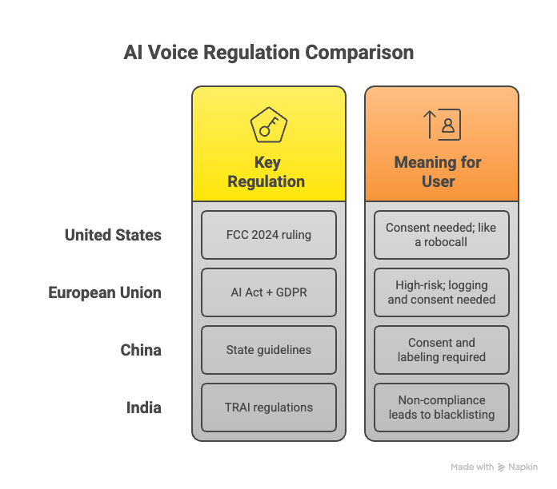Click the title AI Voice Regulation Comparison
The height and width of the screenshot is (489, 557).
pyautogui.click(x=268, y=54)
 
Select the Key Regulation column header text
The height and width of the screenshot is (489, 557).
pyautogui.click(x=266, y=172)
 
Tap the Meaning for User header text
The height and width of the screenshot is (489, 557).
pyautogui.click(x=438, y=172)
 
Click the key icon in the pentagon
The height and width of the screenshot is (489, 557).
pyautogui.click(x=269, y=125)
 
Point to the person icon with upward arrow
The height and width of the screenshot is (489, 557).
pyautogui.click(x=442, y=125)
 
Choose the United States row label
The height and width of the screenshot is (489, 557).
pyautogui.click(x=113, y=235)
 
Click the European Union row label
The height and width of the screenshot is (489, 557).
pyautogui.click(x=105, y=292)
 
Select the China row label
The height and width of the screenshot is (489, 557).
pyautogui.click(x=141, y=350)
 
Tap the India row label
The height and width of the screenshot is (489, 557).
pyautogui.click(x=144, y=407)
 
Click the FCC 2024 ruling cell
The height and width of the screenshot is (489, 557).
pyautogui.click(x=269, y=235)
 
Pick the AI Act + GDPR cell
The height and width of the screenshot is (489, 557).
pyautogui.click(x=269, y=292)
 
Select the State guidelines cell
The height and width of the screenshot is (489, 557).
pyautogui.click(x=269, y=350)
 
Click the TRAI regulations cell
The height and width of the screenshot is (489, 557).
pyautogui.click(x=269, y=407)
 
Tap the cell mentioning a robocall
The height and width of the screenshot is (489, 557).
pyautogui.click(x=441, y=235)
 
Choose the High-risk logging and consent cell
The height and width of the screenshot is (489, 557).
pyautogui.click(x=441, y=292)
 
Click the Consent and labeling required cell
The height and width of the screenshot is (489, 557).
pyautogui.click(x=441, y=350)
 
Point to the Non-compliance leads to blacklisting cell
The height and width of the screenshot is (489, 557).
pyautogui.click(x=441, y=407)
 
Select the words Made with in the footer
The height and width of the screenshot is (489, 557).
pyautogui.click(x=472, y=467)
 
